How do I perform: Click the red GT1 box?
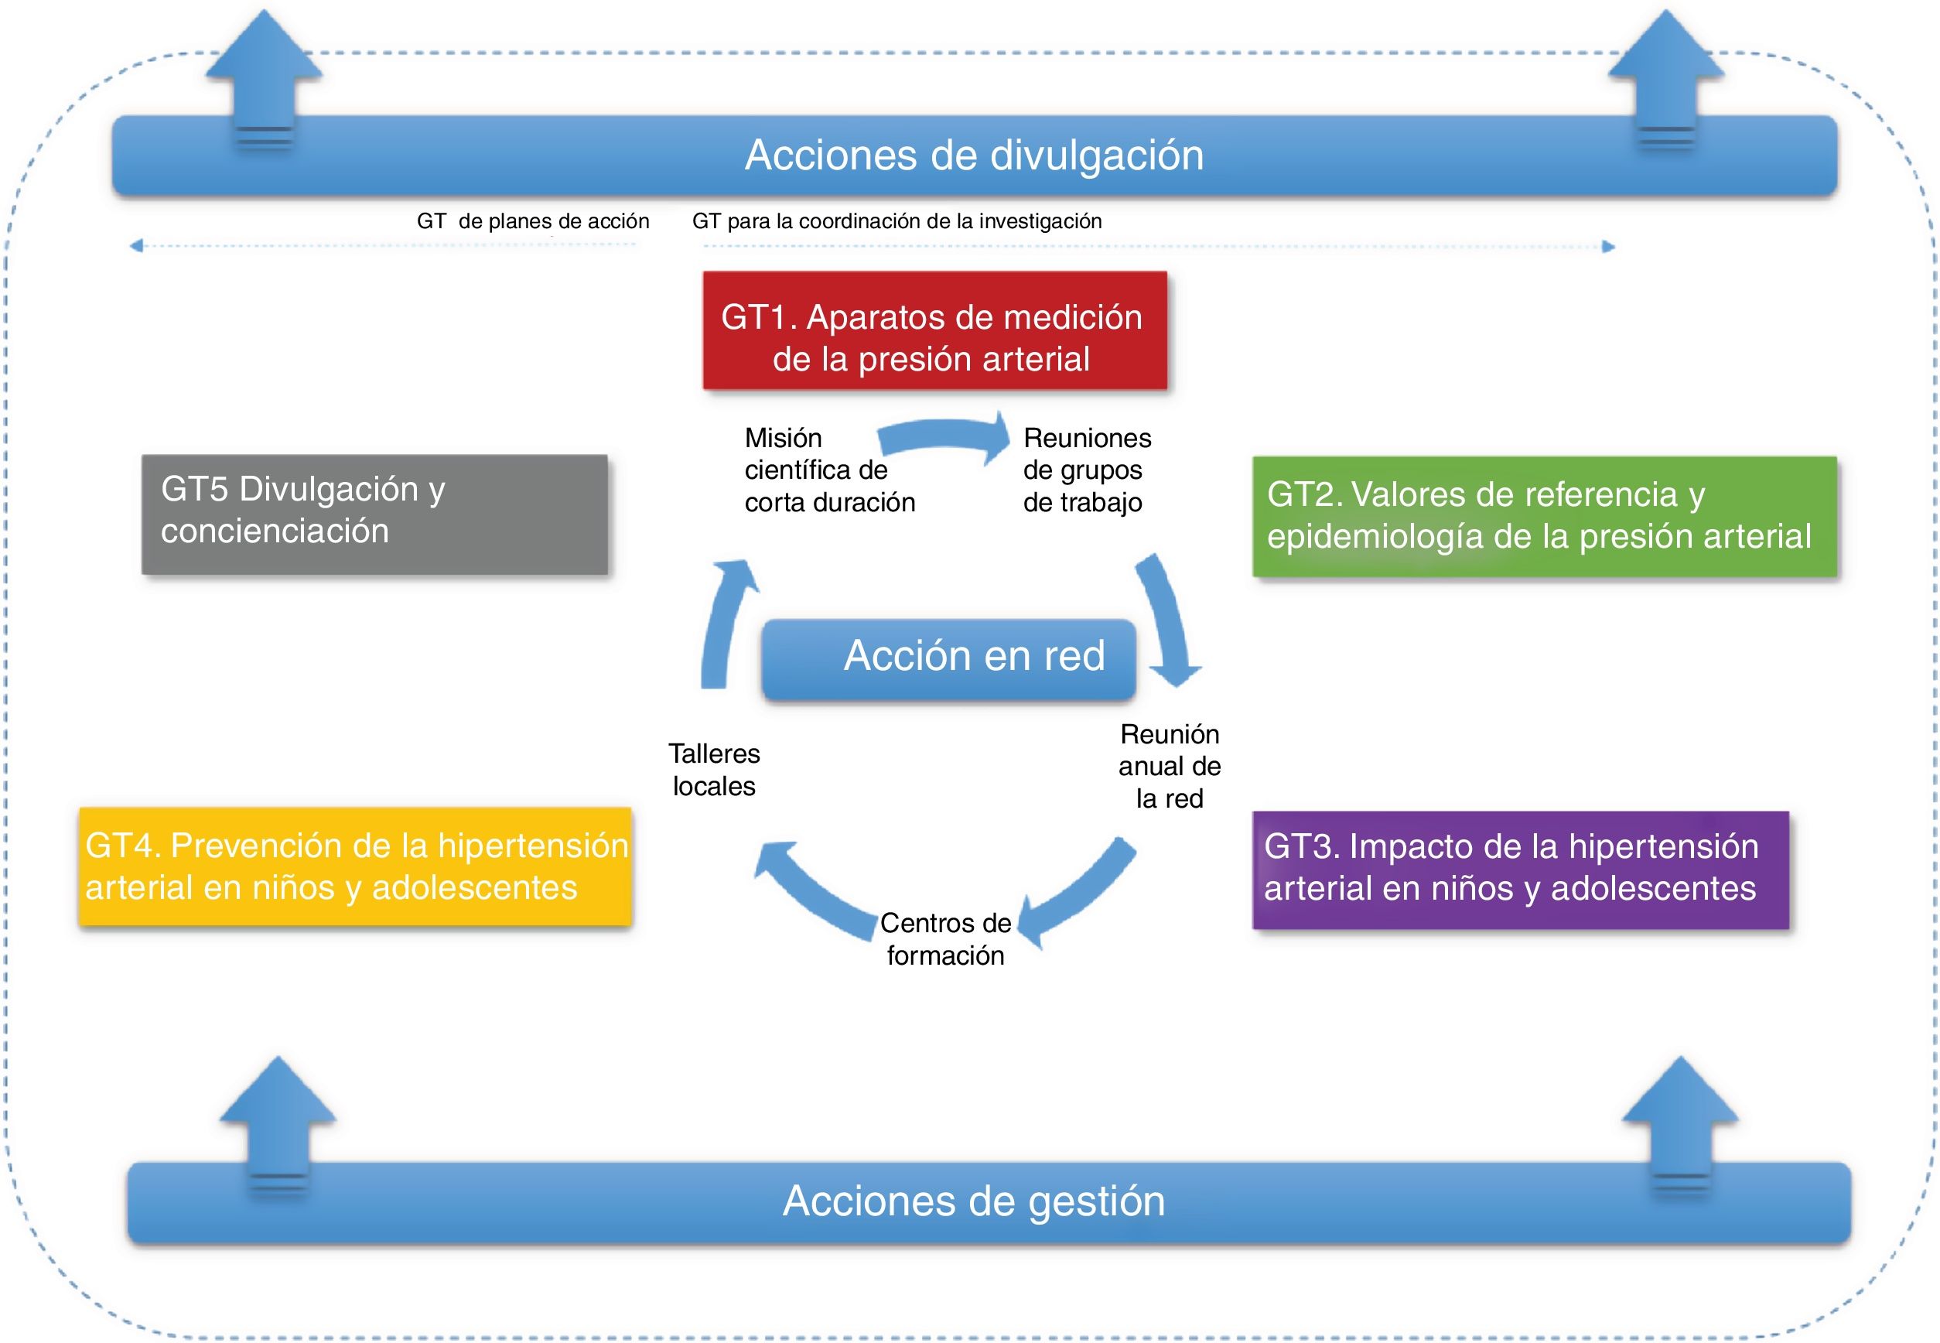[x=934, y=330]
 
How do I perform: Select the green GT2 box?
[x=1544, y=516]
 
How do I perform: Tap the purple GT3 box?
[x=1519, y=870]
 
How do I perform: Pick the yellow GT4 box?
[x=355, y=866]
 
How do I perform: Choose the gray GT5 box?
[x=374, y=514]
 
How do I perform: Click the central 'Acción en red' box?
[x=949, y=658]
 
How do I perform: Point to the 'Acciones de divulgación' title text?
[x=974, y=155]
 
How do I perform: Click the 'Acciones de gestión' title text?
[x=973, y=1201]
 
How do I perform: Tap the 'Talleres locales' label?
[x=714, y=770]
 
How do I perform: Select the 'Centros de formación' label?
[x=945, y=939]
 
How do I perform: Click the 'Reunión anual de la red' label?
[x=1170, y=766]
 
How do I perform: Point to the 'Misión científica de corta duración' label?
[x=828, y=470]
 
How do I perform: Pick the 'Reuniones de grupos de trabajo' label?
[x=1086, y=470]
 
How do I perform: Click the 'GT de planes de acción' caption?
[x=532, y=221]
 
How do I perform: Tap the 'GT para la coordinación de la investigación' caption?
[x=897, y=221]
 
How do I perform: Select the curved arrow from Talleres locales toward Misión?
[x=726, y=623]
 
